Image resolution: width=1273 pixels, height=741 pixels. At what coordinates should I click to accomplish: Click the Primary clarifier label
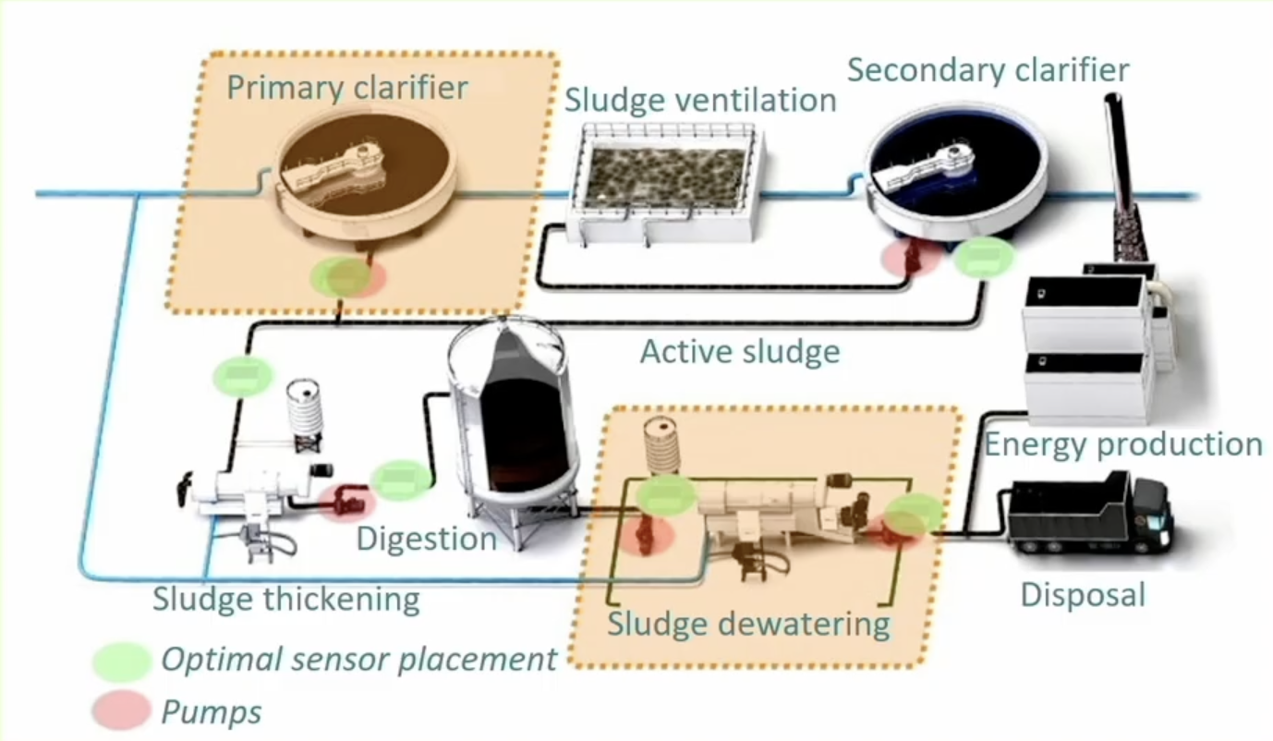pyautogui.click(x=347, y=88)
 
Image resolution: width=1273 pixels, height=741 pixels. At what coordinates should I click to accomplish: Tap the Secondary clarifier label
pyautogui.click(x=988, y=70)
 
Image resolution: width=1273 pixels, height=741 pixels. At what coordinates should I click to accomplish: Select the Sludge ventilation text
pyautogui.click(x=700, y=100)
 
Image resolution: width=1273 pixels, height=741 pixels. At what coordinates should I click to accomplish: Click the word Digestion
pyautogui.click(x=426, y=539)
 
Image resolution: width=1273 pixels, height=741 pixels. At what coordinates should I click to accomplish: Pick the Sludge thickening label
pyautogui.click(x=286, y=600)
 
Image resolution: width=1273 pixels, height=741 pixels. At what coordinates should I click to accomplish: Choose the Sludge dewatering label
pyautogui.click(x=748, y=624)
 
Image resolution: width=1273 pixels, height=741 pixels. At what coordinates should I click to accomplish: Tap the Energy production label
pyautogui.click(x=1123, y=444)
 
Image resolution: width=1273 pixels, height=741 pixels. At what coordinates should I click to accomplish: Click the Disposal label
pyautogui.click(x=1083, y=595)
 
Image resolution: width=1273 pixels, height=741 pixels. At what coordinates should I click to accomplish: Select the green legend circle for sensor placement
pyautogui.click(x=122, y=662)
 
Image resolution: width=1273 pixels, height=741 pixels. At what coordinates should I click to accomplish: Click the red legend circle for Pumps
pyautogui.click(x=122, y=710)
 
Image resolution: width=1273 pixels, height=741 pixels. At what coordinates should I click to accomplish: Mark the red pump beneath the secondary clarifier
pyautogui.click(x=912, y=258)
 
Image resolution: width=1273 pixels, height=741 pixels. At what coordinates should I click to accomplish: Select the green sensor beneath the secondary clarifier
pyautogui.click(x=984, y=257)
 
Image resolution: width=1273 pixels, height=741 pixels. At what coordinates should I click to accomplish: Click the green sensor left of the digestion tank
pyautogui.click(x=401, y=480)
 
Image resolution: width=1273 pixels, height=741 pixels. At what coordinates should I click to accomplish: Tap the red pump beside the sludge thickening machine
pyautogui.click(x=346, y=502)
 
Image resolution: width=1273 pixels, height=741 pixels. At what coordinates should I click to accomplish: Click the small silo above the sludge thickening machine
pyautogui.click(x=305, y=414)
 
